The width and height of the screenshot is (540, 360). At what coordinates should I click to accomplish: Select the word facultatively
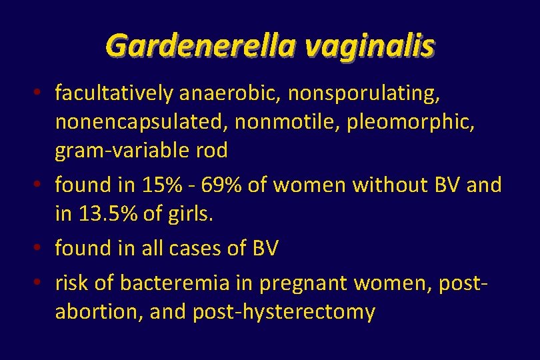[x=115, y=94]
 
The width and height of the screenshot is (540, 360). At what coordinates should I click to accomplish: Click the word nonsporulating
[x=364, y=94]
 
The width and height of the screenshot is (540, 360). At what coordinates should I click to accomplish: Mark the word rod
[x=213, y=151]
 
